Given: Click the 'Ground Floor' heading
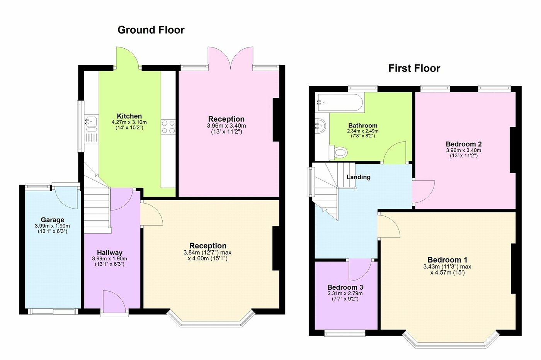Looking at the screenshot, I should [x=151, y=30].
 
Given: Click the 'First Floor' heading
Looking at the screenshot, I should [x=414, y=69].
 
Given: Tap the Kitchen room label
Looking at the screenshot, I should [x=129, y=116].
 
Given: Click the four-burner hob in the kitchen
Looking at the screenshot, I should [x=168, y=127].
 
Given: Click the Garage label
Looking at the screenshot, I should [x=53, y=220].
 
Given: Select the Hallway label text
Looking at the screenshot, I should [x=109, y=253].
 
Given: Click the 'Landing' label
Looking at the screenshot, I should [x=358, y=177].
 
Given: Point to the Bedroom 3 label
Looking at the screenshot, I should [x=345, y=287].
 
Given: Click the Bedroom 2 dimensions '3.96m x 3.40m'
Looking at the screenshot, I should [x=463, y=150].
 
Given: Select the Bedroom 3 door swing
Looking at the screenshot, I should [x=359, y=270].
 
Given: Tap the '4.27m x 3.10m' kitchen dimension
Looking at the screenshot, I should [x=129, y=122].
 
